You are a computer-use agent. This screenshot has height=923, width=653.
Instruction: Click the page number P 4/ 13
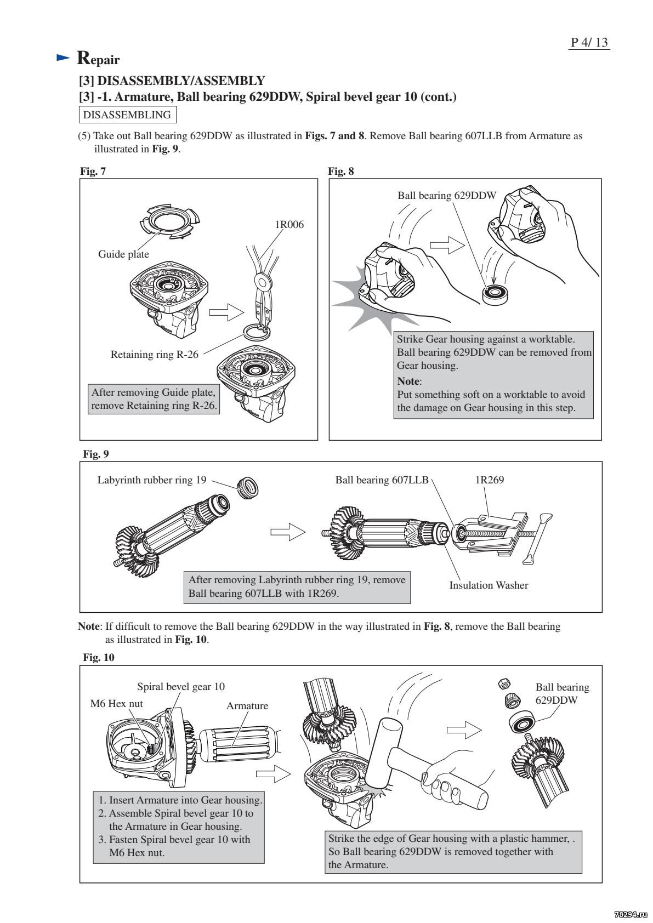click(x=590, y=42)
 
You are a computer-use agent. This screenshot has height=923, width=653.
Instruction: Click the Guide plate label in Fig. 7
click(x=123, y=254)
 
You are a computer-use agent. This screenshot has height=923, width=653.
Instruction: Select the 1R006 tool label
click(x=289, y=224)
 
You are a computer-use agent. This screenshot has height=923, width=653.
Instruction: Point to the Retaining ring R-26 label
click(x=155, y=354)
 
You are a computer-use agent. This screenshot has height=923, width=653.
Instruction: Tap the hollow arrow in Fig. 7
click(x=226, y=313)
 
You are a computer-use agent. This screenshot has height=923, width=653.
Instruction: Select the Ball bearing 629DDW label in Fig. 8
click(x=447, y=195)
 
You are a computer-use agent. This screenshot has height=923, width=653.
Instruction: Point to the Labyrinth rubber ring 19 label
click(x=152, y=480)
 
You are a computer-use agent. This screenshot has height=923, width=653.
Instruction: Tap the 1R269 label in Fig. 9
click(x=489, y=480)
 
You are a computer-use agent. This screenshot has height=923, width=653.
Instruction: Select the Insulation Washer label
click(x=489, y=585)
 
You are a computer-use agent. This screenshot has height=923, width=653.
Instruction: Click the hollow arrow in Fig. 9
click(x=287, y=531)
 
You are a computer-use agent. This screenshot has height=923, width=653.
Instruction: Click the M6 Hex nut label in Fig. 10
click(x=116, y=704)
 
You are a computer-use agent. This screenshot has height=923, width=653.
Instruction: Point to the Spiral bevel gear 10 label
click(x=181, y=687)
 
